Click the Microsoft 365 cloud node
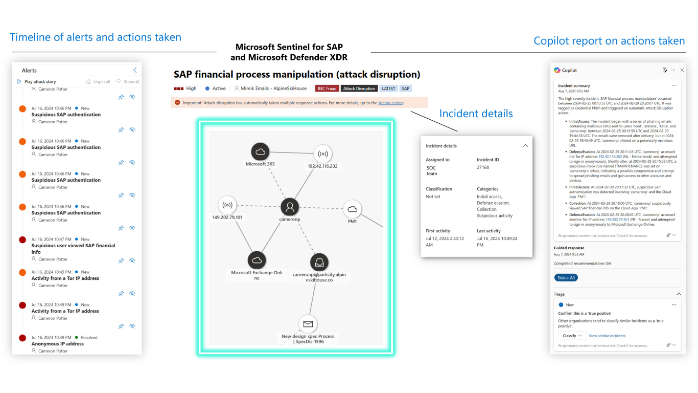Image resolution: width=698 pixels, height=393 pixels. point(260,151)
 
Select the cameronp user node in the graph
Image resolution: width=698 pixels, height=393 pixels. point(290,207)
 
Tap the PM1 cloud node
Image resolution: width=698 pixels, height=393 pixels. point(352,209)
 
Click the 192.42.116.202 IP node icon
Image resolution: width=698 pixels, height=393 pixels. point(322,154)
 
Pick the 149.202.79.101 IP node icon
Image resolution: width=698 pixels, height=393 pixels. point(227,206)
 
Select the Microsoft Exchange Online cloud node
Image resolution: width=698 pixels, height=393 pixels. point(257,260)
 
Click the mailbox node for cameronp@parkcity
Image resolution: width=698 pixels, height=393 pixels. point(319,262)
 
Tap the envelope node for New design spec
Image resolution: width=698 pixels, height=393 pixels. point(308,324)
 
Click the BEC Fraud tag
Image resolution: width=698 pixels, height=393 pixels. point(327,89)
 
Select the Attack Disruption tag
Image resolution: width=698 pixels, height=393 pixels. point(359,89)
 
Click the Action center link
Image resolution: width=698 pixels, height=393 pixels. point(390,103)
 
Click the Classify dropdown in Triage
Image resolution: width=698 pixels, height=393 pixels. point(572,336)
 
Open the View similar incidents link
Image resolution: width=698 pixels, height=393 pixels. point(607,336)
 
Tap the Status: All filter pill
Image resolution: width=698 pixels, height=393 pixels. point(566,278)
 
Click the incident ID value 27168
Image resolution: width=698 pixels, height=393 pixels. point(483,167)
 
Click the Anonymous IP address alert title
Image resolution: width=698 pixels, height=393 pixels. point(58,344)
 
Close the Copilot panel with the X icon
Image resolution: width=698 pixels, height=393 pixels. point(682,70)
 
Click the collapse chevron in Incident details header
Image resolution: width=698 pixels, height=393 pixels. point(525,146)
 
